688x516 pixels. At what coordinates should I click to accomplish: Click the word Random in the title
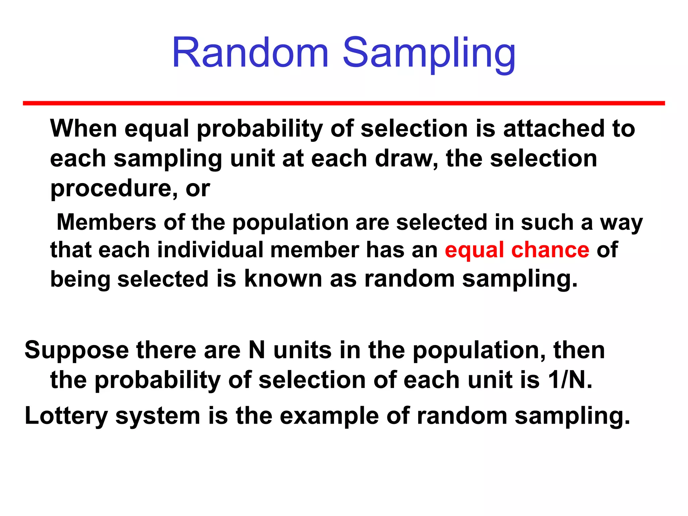pos(250,53)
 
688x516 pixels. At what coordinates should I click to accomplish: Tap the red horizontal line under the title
pos(344,103)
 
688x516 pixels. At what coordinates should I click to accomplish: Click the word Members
pos(106,222)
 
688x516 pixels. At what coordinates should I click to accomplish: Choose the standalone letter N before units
pos(257,350)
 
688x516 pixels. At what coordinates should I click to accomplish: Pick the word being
pos(80,280)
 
